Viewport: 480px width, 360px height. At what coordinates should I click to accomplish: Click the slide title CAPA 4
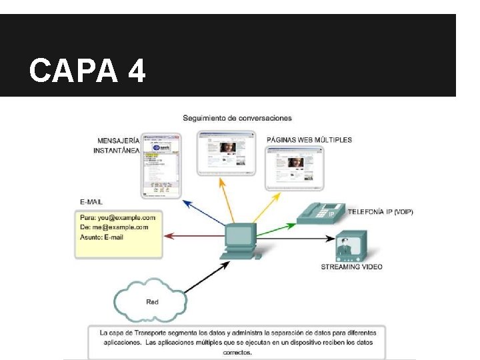(87, 70)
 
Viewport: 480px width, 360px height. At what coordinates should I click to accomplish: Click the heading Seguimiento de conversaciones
(237, 118)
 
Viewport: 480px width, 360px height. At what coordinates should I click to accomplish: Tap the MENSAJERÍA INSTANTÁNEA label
(118, 145)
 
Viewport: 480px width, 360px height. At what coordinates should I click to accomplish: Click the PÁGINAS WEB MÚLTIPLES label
(309, 140)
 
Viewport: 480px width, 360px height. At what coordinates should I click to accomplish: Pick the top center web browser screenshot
(227, 153)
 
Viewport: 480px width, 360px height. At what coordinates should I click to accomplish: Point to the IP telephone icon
(320, 212)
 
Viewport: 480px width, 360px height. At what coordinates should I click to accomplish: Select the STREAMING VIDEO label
(351, 267)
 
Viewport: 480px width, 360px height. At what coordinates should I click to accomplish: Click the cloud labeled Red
(153, 301)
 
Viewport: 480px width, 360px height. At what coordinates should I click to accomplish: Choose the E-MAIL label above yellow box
(91, 201)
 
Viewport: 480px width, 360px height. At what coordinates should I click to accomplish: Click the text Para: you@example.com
(117, 217)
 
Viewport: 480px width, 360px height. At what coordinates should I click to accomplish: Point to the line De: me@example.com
(114, 227)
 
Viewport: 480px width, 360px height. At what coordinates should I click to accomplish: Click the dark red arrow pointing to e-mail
(193, 236)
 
